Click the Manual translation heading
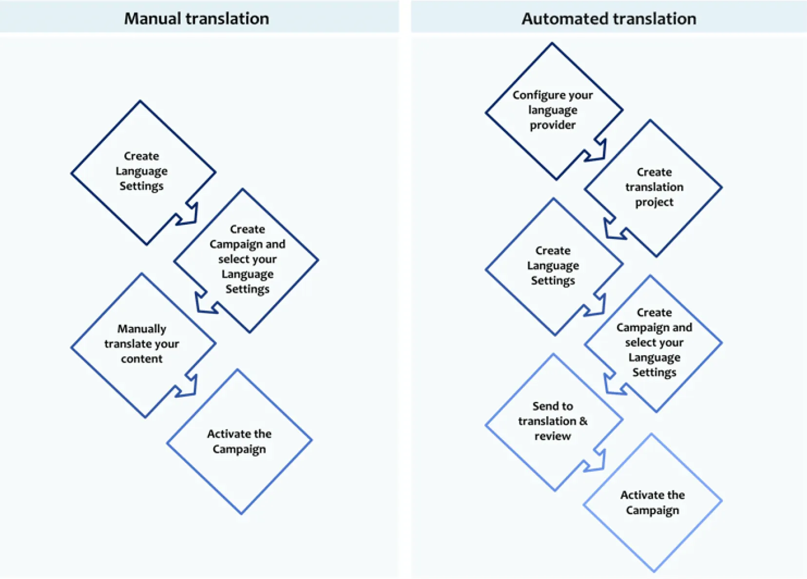pyautogui.click(x=197, y=19)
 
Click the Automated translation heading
pyautogui.click(x=609, y=19)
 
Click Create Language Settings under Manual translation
pyautogui.click(x=142, y=172)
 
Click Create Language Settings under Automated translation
pyautogui.click(x=553, y=266)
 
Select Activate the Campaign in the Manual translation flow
pyautogui.click(x=239, y=442)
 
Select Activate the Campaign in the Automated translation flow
pyautogui.click(x=653, y=502)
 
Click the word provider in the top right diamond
pyautogui.click(x=553, y=125)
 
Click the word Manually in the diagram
pyautogui.click(x=142, y=329)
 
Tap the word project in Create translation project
pyautogui.click(x=654, y=202)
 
